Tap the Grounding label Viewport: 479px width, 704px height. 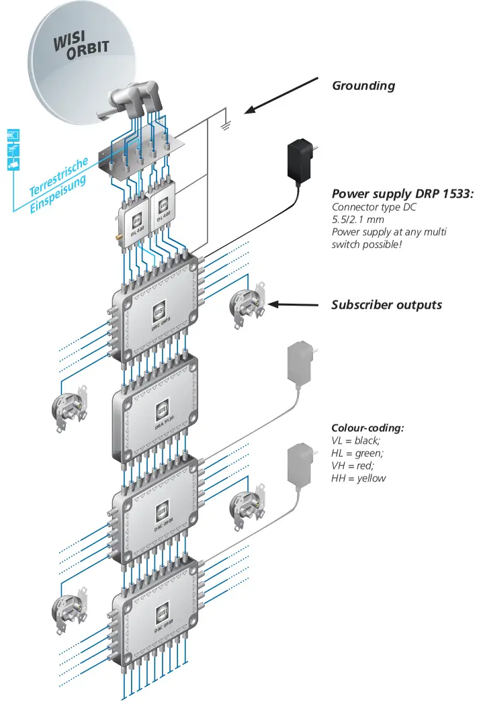363,86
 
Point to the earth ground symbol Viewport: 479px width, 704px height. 226,124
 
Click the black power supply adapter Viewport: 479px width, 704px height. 300,162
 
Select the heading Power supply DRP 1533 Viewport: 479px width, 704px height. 402,193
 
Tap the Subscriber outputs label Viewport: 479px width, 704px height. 386,305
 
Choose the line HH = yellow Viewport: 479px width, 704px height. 359,478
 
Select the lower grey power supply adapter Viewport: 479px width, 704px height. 300,464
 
